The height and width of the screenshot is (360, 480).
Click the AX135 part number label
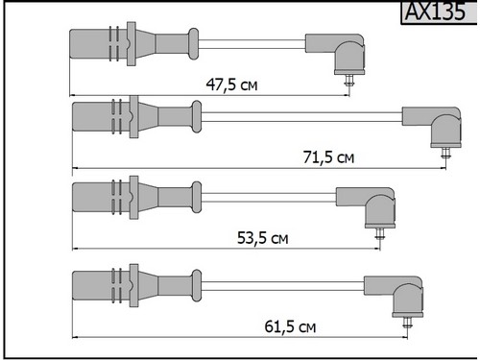point(435,12)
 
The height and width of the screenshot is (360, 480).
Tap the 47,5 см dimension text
point(231,84)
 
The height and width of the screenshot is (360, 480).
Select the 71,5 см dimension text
point(328,157)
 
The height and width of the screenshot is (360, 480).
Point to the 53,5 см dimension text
point(263,238)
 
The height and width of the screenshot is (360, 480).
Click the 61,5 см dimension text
point(290,326)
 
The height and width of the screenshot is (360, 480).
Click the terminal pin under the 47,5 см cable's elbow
point(348,80)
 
